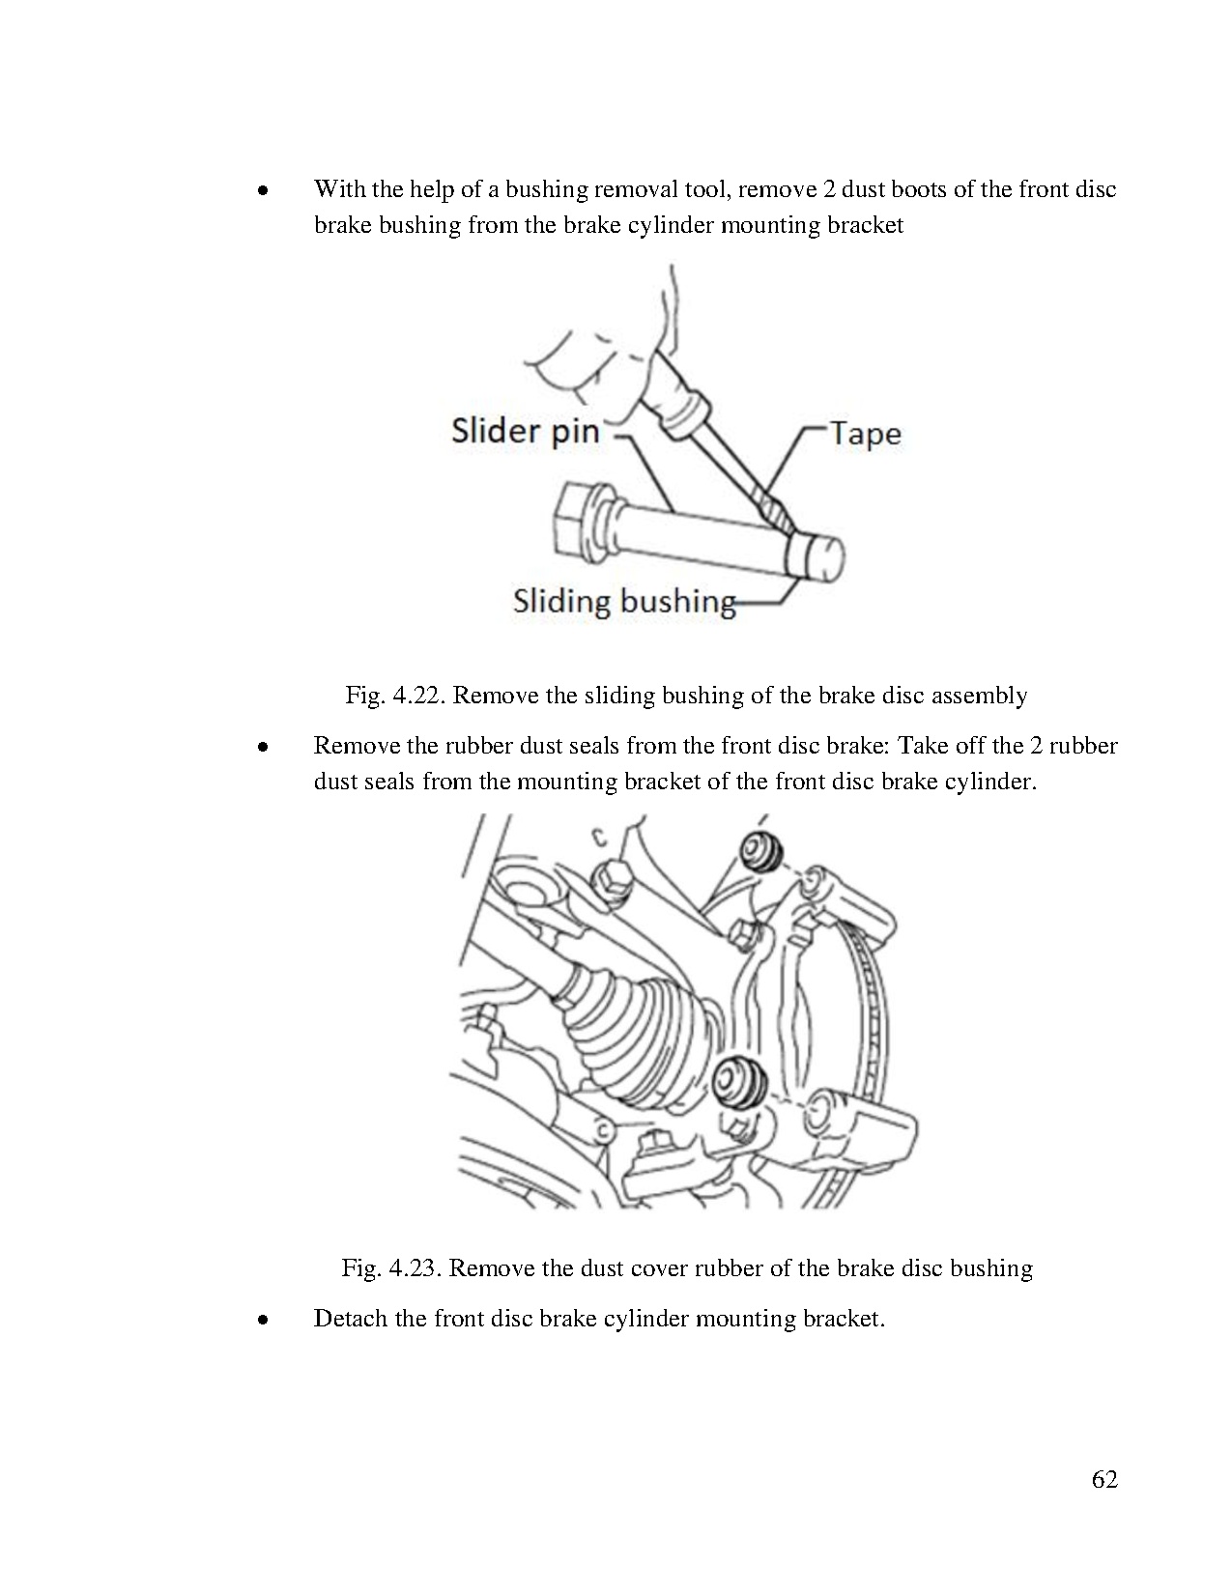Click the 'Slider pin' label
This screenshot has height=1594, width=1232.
[x=525, y=430]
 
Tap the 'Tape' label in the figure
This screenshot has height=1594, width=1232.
[x=865, y=434]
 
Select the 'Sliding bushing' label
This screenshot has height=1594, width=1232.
[x=623, y=601]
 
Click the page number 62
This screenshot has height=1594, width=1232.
[x=1104, y=1479]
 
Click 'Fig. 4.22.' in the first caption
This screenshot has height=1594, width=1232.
[x=393, y=696]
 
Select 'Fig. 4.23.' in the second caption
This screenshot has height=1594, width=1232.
[x=391, y=1268]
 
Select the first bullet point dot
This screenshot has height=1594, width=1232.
[x=261, y=191]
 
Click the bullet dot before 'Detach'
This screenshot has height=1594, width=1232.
[x=261, y=1321]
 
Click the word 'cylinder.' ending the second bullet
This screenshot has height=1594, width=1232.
[x=992, y=782]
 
